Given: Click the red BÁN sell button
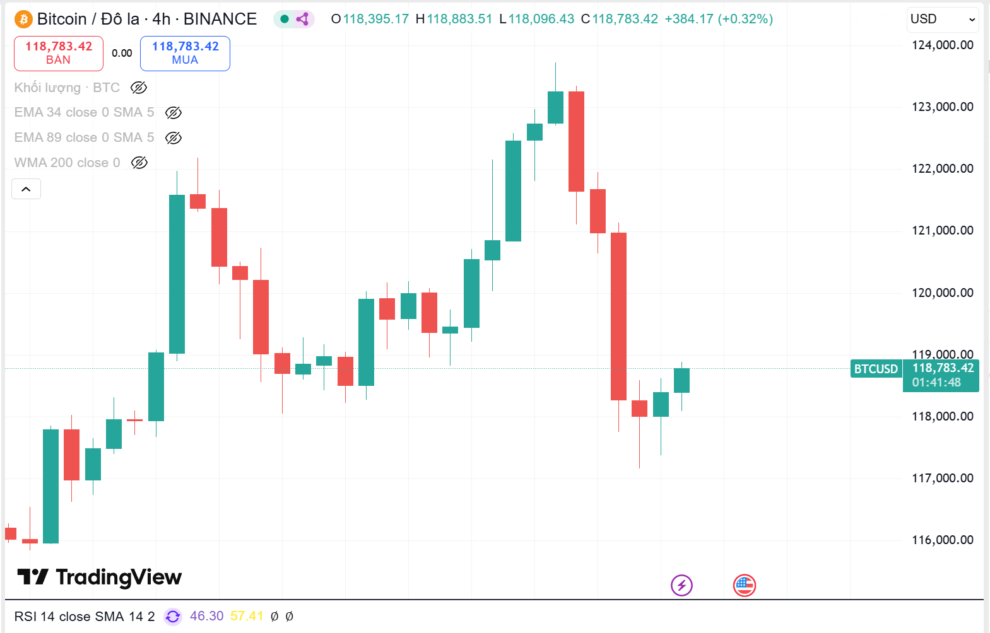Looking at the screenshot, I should [59, 53].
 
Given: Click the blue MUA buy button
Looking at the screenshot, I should [185, 53].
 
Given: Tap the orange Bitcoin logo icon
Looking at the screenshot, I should [23, 19].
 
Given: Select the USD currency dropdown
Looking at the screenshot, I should [943, 20].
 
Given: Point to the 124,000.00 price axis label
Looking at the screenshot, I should [942, 45].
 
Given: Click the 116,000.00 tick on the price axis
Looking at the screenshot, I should [942, 540].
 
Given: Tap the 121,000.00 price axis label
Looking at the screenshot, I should [942, 230].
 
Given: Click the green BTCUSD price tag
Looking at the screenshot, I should [876, 369].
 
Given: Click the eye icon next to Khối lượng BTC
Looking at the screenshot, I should [139, 88].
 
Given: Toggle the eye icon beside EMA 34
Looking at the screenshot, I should [174, 113].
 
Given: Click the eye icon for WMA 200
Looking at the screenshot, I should [139, 163].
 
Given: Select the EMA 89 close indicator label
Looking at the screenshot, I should [84, 137].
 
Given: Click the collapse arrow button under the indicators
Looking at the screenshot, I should [27, 189].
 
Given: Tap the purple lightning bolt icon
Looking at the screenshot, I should [681, 585].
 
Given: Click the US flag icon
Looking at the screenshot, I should [745, 585].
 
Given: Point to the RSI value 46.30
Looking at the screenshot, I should [206, 616].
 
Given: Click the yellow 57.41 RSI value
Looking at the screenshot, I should [247, 616].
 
